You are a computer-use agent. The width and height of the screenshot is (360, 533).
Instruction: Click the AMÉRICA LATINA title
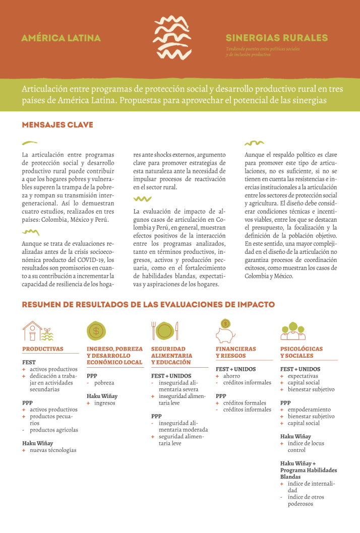click(x=61, y=38)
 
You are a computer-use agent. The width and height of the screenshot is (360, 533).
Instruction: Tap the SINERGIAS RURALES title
click(x=276, y=38)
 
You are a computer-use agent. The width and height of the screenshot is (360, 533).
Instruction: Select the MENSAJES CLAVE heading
click(x=57, y=125)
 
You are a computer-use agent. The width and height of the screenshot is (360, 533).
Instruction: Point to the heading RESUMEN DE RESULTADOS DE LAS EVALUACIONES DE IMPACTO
click(x=148, y=304)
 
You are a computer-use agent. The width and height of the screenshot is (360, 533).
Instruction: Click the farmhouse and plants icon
click(x=38, y=331)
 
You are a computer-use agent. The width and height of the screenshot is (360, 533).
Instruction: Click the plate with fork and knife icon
click(x=164, y=331)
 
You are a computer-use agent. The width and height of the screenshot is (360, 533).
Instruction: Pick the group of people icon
click(x=292, y=331)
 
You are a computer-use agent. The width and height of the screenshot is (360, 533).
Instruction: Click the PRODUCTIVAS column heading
click(x=43, y=349)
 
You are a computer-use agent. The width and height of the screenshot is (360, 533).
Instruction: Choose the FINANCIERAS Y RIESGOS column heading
click(x=235, y=352)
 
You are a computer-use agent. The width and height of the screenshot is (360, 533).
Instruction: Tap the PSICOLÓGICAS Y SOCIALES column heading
click(x=301, y=352)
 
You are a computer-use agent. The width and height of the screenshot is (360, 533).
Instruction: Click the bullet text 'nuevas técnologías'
click(x=53, y=450)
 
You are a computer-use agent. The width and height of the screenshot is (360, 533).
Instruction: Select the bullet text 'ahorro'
click(x=231, y=376)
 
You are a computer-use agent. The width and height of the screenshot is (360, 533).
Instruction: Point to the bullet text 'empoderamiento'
click(x=309, y=410)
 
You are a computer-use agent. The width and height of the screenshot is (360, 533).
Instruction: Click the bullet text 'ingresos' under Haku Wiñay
click(x=104, y=403)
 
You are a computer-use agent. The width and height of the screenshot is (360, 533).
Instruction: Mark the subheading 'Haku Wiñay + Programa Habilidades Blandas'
click(x=308, y=470)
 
